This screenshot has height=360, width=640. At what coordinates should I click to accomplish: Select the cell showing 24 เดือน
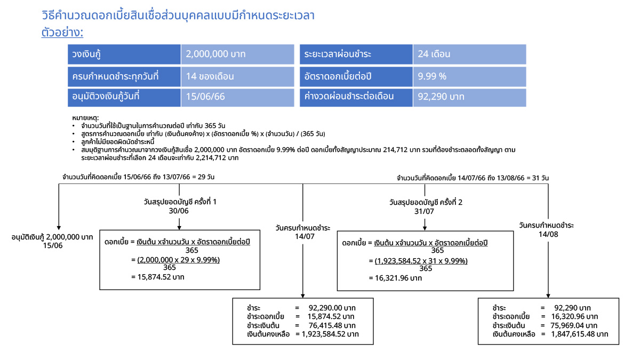[469, 54]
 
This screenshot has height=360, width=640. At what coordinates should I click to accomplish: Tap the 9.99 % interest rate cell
[469, 76]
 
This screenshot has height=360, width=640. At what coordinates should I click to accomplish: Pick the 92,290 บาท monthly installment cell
[469, 97]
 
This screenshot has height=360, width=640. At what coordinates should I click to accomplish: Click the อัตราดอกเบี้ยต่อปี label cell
[356, 76]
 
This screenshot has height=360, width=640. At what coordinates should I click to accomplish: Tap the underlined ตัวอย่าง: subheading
[62, 33]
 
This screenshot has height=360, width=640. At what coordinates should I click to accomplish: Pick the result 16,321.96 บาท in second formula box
[395, 278]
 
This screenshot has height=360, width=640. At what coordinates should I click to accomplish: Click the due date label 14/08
[546, 234]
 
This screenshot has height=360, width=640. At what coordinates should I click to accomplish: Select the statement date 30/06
[179, 211]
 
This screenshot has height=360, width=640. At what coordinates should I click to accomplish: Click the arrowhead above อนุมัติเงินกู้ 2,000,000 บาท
[59, 226]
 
